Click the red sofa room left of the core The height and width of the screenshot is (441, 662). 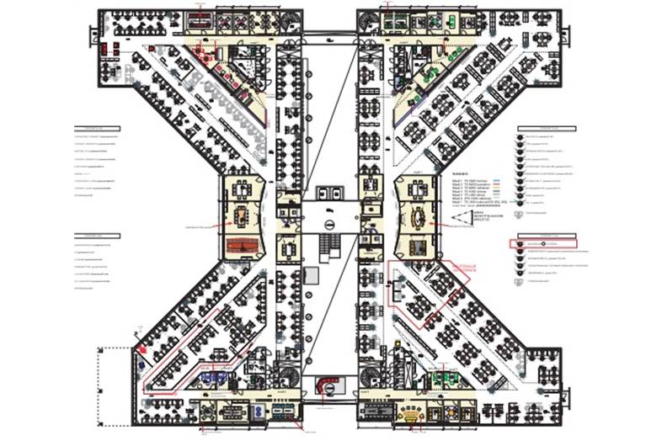tap(244, 247)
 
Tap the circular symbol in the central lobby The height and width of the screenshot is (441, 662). tap(332, 224)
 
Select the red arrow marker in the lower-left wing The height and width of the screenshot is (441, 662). tap(143, 344)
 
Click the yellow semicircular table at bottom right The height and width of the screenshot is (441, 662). tap(410, 412)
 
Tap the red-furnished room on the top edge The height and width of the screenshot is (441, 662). tap(200, 19)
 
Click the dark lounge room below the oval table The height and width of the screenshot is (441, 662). tap(415, 247)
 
